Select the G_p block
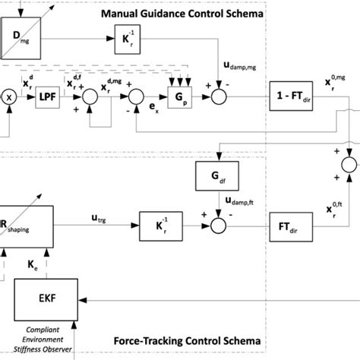point(177,98)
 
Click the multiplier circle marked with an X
point(10,98)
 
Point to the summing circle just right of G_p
point(218,98)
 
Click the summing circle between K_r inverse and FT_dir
point(218,225)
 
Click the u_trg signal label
point(99,218)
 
